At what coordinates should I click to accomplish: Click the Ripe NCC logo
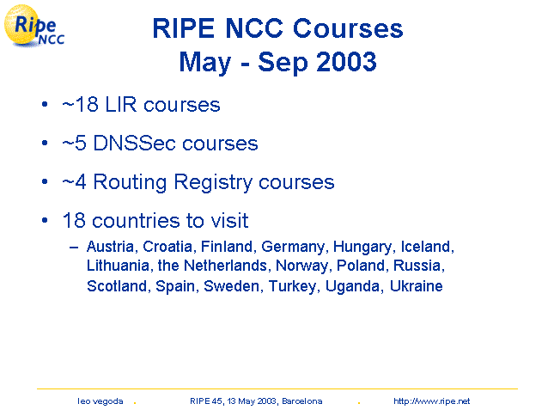pos(33,26)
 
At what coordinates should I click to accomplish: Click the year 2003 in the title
pos(346,62)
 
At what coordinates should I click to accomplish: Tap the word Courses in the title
pos(348,28)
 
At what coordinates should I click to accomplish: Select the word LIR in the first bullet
pos(120,105)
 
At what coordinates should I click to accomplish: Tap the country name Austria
pos(110,247)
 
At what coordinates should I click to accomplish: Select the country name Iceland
pos(427,247)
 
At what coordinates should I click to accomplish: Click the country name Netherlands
pos(225,266)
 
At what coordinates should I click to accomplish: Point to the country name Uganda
pos(352,286)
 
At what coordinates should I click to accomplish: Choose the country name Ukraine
pos(416,286)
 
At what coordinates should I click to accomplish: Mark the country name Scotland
pos(117,286)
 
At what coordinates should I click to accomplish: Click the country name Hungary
pos(362,248)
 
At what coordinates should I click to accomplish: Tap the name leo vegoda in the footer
pos(100,401)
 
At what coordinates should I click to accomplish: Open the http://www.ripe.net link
pos(431,401)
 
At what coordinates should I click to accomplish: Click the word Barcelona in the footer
pos(301,401)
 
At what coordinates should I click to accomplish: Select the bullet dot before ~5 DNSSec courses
pos(45,143)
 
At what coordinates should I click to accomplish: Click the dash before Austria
pos(74,248)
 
